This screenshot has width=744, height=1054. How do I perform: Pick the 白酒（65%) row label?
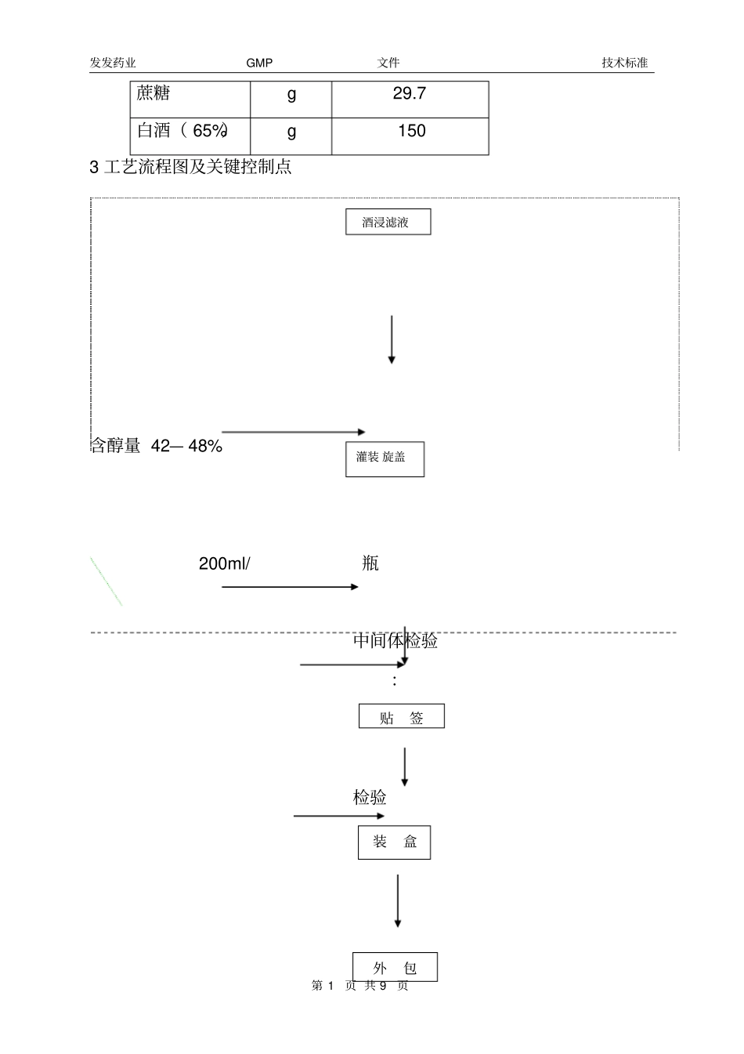[182, 131]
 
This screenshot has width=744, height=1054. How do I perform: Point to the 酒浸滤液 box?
[388, 223]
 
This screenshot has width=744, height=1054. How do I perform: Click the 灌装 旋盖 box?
[385, 458]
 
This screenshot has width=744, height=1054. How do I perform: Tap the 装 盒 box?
[394, 842]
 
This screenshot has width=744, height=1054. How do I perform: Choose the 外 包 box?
[395, 968]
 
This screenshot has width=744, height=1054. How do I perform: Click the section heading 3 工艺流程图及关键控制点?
[191, 167]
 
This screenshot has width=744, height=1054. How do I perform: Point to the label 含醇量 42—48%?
[157, 447]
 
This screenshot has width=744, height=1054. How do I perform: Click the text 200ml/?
[224, 563]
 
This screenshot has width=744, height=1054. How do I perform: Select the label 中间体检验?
[395, 641]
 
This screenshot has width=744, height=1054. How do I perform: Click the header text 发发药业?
[113, 63]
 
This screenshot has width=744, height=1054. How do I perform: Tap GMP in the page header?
[259, 63]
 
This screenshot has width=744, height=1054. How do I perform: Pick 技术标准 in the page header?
[624, 63]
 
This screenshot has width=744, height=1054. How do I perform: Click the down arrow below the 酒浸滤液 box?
[392, 340]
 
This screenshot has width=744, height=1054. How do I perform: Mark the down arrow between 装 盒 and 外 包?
[398, 901]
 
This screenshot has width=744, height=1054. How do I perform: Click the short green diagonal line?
[106, 581]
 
